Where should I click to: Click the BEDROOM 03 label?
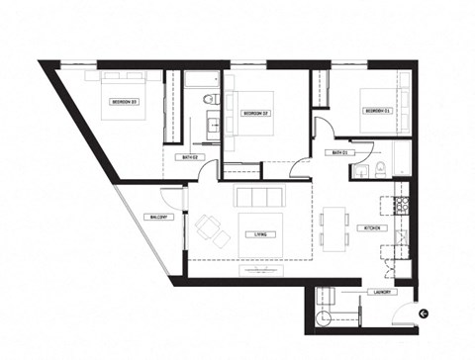pyautogui.click(x=124, y=101)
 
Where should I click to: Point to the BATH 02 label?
pyautogui.click(x=191, y=157)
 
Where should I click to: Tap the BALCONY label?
pyautogui.click(x=162, y=217)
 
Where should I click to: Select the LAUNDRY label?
pyautogui.click(x=385, y=293)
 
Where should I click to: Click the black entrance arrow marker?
pyautogui.click(x=424, y=313)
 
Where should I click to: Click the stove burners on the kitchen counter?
pyautogui.click(x=401, y=205)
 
